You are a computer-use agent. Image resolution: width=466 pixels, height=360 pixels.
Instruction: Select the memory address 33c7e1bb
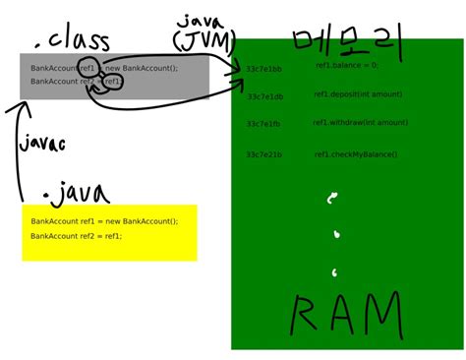coord(263,69)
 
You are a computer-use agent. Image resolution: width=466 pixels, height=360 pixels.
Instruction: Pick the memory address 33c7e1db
coord(263,96)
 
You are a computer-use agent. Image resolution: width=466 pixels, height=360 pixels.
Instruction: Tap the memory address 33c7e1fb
coord(263,124)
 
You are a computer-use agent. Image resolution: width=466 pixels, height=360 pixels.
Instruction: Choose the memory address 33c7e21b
coord(263,154)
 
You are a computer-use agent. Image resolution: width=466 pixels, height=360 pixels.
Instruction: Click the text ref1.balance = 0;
coord(345,65)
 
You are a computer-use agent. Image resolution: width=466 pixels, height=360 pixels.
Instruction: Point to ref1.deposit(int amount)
coord(358,93)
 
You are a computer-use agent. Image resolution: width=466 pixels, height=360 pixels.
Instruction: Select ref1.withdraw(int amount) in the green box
coord(360,122)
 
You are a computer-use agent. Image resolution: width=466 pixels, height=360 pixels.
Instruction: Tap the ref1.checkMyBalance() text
coord(355,153)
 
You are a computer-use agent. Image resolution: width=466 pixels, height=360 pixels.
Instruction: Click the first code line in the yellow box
coord(103,221)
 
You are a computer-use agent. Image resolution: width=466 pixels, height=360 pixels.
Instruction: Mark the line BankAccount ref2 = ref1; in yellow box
coord(76,236)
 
